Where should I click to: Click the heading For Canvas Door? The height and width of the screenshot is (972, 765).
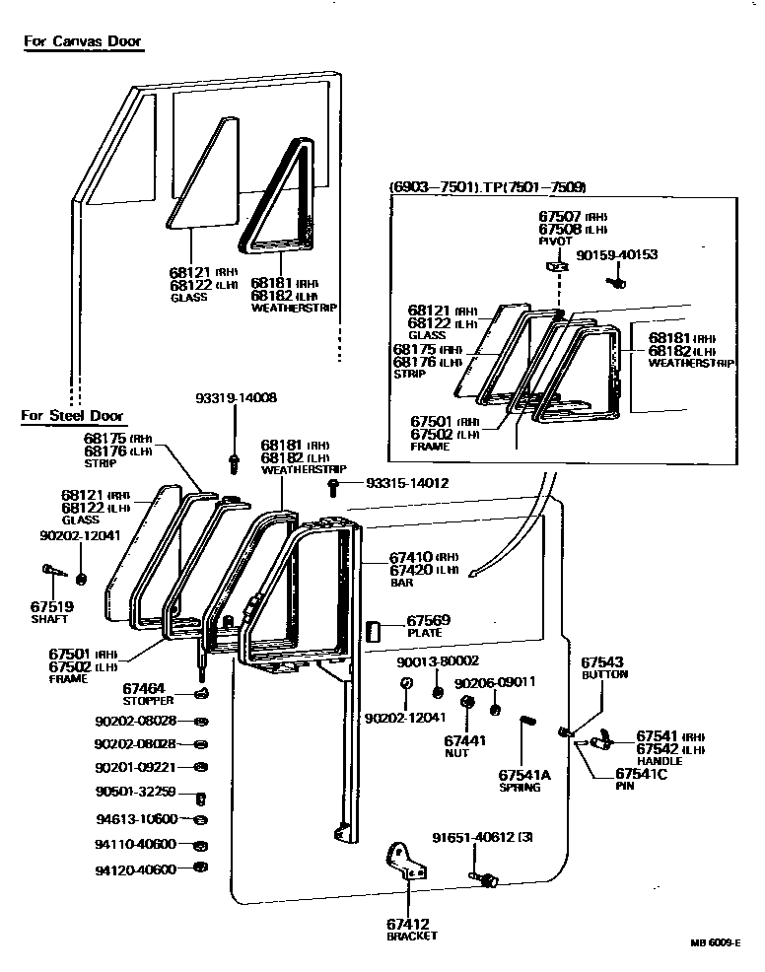[83, 41]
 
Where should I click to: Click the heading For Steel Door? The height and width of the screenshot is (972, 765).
[72, 415]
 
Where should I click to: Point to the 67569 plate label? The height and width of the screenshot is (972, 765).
[428, 620]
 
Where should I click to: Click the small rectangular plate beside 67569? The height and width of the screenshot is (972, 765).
[374, 632]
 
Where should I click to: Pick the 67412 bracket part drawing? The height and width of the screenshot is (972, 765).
[404, 862]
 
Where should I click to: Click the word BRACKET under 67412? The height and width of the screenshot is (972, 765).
[411, 936]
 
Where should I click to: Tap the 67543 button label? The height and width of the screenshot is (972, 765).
[604, 662]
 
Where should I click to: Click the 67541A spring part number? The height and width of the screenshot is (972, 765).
[523, 775]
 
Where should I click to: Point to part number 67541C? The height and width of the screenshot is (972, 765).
[642, 775]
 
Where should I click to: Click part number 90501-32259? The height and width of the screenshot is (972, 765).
[136, 792]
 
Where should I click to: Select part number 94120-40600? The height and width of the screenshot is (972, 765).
[136, 869]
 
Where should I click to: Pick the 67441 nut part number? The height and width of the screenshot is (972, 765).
[464, 739]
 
